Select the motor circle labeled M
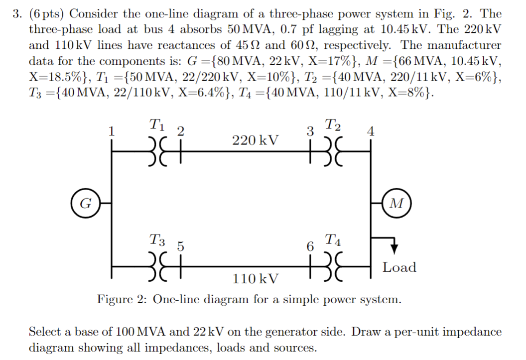[397, 203]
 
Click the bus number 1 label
[112, 132]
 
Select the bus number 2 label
[181, 132]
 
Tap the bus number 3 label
[310, 132]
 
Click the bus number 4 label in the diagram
[370, 132]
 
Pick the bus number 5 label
[181, 246]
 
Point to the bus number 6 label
[310, 246]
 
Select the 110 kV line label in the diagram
[256, 278]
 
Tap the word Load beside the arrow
[399, 267]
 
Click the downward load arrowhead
[394, 248]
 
